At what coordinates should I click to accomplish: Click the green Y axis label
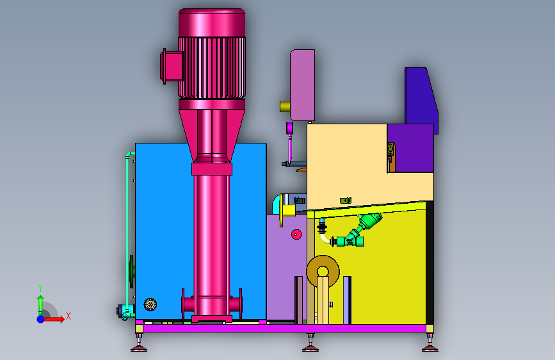(x=40, y=288)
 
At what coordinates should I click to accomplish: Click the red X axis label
(x=68, y=316)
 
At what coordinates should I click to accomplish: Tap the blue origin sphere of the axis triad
(x=41, y=319)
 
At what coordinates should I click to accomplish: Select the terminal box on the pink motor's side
(x=172, y=66)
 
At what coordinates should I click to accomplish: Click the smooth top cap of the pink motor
(x=212, y=23)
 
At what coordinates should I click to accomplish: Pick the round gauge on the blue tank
(x=150, y=304)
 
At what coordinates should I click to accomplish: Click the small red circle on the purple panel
(x=296, y=234)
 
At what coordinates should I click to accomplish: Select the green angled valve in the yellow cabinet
(x=357, y=232)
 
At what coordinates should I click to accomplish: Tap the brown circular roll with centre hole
(x=323, y=272)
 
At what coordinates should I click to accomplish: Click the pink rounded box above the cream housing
(x=302, y=85)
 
